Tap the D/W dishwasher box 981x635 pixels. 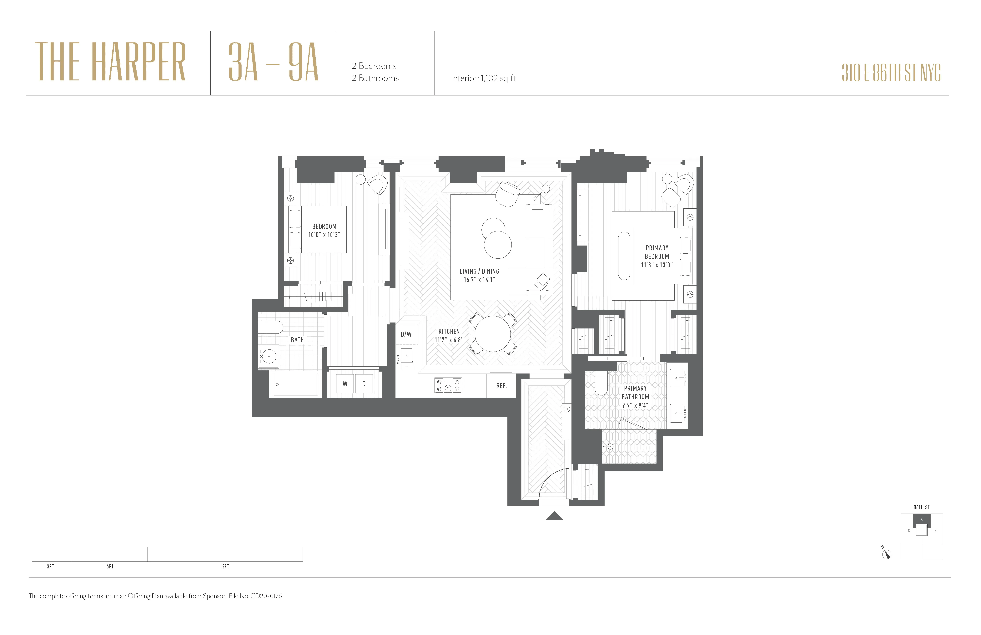406,334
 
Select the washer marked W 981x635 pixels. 345,384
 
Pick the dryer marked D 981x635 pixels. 364,384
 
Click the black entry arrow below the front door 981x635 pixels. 554,516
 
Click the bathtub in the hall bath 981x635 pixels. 295,384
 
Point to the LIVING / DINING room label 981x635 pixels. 479,271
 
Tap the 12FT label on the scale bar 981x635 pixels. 224,566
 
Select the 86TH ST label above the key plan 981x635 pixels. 922,507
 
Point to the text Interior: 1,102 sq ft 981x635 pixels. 483,78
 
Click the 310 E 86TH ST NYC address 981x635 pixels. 891,73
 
